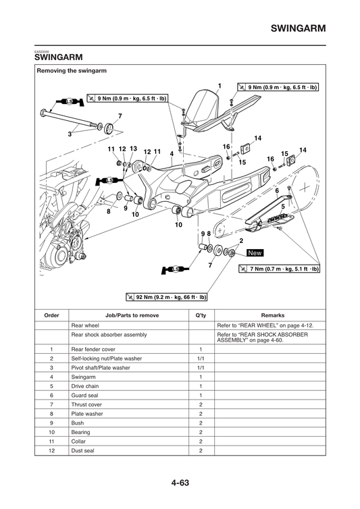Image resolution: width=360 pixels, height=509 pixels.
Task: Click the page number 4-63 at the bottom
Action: [179, 482]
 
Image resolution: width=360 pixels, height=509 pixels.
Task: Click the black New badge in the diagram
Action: [255, 253]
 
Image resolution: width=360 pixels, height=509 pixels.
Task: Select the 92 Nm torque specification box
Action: [166, 296]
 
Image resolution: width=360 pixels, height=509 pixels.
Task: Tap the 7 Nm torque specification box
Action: [280, 269]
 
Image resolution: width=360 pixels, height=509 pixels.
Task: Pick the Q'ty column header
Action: [201, 315]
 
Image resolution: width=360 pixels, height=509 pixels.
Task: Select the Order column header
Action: [51, 315]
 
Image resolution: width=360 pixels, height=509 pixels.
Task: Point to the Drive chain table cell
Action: [84, 385]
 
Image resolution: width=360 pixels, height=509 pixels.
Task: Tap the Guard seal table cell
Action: [84, 395]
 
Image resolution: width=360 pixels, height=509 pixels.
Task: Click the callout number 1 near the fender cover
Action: [219, 84]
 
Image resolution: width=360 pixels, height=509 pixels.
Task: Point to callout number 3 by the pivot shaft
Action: [69, 134]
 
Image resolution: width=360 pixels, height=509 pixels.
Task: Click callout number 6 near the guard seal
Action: [277, 191]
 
